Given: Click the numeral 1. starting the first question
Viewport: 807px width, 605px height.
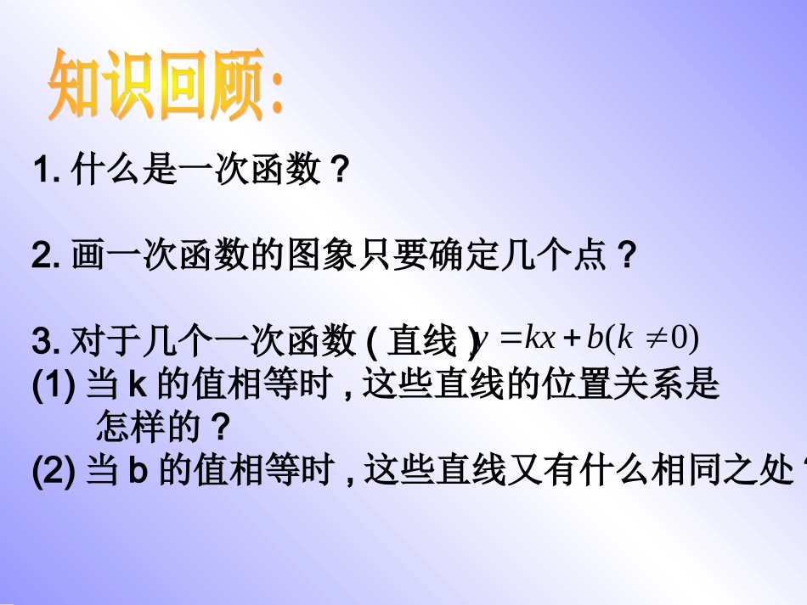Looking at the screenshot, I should point(45,171).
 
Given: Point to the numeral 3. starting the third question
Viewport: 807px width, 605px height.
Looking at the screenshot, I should point(45,342).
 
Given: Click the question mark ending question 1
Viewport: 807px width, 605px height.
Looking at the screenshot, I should point(338,171).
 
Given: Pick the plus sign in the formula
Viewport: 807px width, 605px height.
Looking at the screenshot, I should point(571,339).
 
